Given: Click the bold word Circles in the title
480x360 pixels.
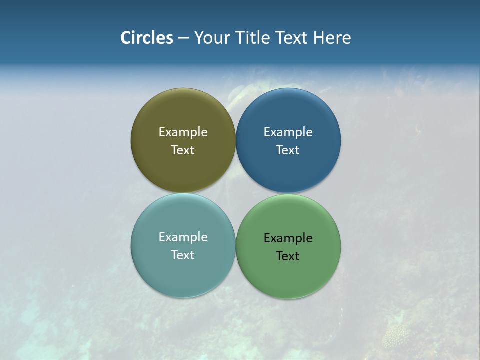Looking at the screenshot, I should coord(147,38).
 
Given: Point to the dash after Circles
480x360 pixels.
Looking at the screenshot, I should coord(183,38).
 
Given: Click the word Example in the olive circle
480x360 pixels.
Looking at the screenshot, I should coord(183,132).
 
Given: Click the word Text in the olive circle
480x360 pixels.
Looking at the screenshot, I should coord(183,150).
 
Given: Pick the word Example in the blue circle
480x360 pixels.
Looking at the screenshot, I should coord(288,132).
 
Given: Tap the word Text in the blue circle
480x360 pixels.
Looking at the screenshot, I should coord(288,150).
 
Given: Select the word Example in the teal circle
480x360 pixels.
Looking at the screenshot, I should coord(183,237).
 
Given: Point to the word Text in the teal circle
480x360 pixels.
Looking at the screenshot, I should coord(183,255).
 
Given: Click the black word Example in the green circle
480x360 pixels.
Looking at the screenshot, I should coord(288,238).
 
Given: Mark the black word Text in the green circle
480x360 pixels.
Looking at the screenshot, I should coord(288,256).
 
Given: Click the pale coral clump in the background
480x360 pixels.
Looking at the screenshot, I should coord(396,336).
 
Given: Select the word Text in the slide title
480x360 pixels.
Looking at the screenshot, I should coord(292,38).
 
